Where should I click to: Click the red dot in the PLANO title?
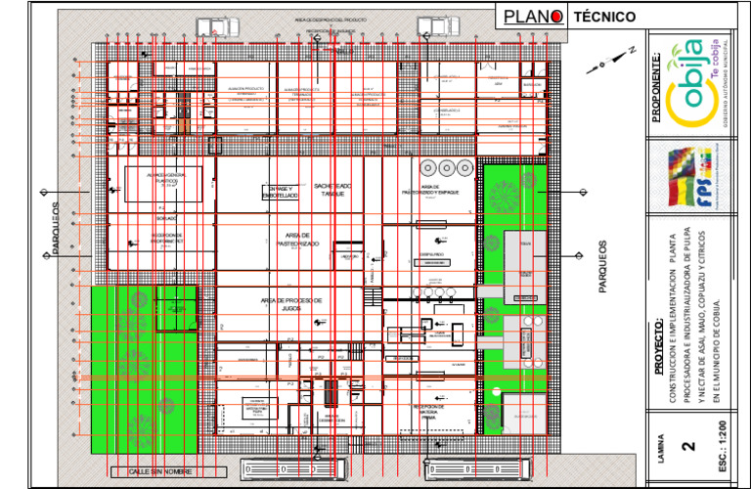[554, 16]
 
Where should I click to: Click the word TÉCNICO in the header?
[604, 17]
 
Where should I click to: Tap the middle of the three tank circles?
[446, 166]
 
